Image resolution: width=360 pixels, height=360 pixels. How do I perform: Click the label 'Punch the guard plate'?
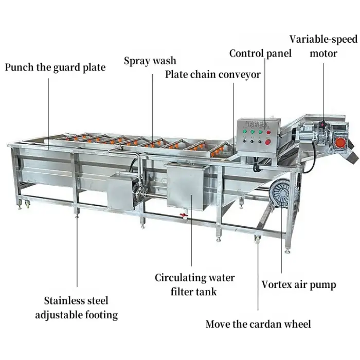coord(55,67)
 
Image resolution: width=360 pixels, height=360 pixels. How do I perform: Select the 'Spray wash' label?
coord(150,61)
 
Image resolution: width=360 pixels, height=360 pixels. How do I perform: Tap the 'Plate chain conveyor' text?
coord(213,75)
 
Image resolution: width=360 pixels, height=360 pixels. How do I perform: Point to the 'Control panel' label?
coord(260,53)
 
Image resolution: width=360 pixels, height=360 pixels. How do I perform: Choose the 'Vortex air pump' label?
coord(299,284)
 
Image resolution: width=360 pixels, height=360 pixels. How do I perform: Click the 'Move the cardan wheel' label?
coord(258,324)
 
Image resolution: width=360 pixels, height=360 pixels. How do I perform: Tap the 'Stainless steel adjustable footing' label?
coord(76,307)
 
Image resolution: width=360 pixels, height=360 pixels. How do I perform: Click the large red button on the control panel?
coord(268,142)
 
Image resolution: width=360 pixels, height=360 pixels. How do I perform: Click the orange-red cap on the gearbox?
coord(340,141)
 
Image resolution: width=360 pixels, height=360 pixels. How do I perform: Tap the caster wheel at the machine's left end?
coord(24,206)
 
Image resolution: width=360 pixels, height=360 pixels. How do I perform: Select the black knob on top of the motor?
coord(322,124)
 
